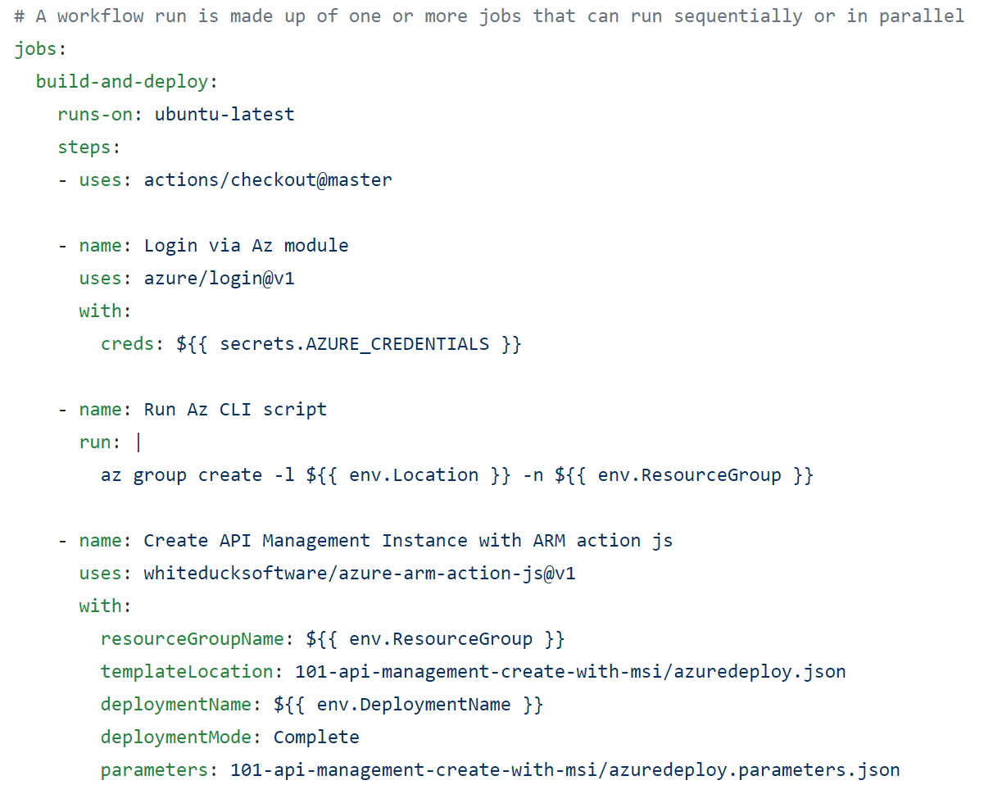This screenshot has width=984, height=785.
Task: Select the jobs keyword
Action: (x=36, y=49)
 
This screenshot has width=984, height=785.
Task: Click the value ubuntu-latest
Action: (x=224, y=115)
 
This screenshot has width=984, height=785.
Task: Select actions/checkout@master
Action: (x=268, y=180)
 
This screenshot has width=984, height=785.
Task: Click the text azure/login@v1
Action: (x=220, y=279)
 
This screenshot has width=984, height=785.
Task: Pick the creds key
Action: (x=127, y=344)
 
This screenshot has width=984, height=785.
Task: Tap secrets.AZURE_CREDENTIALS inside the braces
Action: (x=354, y=344)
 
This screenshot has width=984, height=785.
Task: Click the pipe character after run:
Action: (x=138, y=442)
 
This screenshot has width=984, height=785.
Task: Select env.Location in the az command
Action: (x=414, y=475)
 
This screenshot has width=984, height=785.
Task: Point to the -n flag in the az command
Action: (x=533, y=475)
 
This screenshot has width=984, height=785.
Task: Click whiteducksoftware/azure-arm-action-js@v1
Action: (x=360, y=574)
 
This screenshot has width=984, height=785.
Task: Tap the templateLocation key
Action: (x=186, y=672)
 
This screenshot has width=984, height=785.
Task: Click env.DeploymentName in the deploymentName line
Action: (x=414, y=705)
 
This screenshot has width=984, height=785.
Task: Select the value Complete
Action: (x=316, y=737)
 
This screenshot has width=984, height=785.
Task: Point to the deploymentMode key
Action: (x=175, y=737)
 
